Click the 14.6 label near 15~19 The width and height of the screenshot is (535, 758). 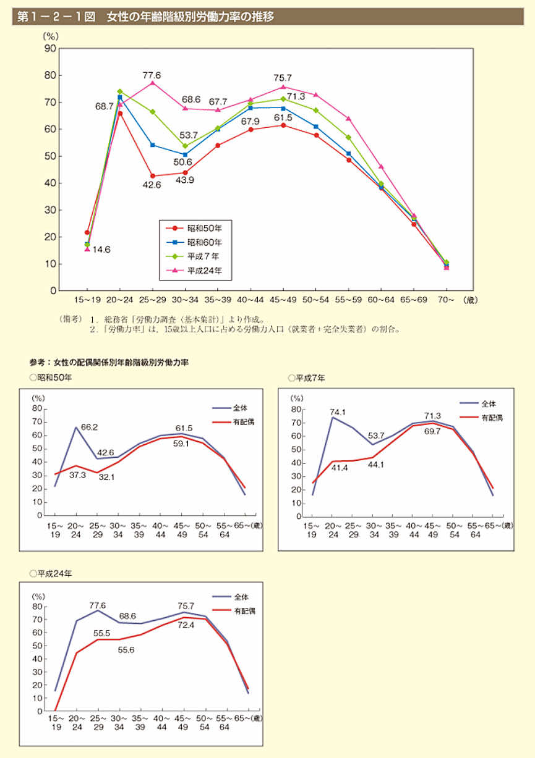(x=101, y=250)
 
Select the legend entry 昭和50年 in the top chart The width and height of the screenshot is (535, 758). (x=202, y=229)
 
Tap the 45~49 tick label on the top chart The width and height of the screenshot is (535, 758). (x=283, y=299)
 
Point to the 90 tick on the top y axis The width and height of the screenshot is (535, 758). (x=49, y=48)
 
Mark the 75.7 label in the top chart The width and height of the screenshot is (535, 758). (x=283, y=78)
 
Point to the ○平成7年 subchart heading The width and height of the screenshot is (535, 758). (x=307, y=377)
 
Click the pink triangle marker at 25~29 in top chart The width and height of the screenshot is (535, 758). (x=152, y=83)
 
